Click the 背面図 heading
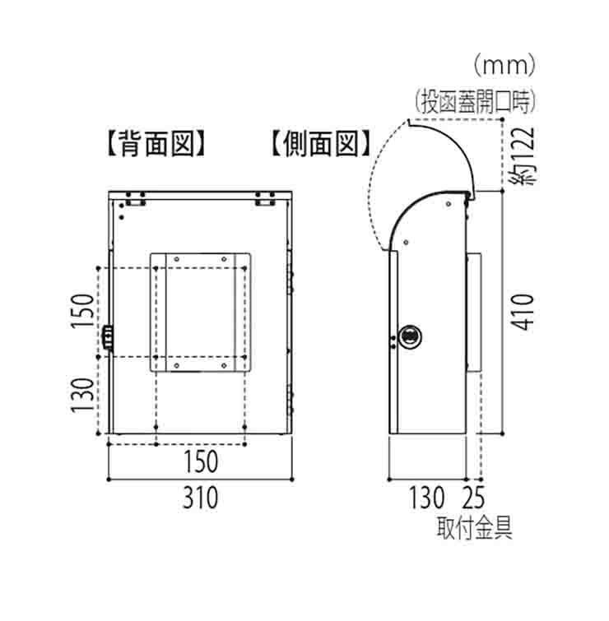(x=157, y=143)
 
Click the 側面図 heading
(x=322, y=143)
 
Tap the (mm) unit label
(x=504, y=66)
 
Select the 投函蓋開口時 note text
(x=476, y=102)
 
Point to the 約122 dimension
(x=523, y=155)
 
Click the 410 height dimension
(x=523, y=312)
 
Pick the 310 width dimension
(x=201, y=498)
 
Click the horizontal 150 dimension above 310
(x=201, y=461)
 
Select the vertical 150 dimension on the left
(x=82, y=311)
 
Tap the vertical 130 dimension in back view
(x=82, y=396)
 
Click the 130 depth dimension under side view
(x=426, y=498)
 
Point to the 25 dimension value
(x=473, y=498)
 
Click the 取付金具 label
(x=475, y=528)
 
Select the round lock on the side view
(x=409, y=337)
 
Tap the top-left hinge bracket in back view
(x=136, y=199)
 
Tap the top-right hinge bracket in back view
(x=265, y=199)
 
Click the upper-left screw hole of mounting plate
(x=177, y=259)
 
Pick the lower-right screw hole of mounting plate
(x=224, y=365)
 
